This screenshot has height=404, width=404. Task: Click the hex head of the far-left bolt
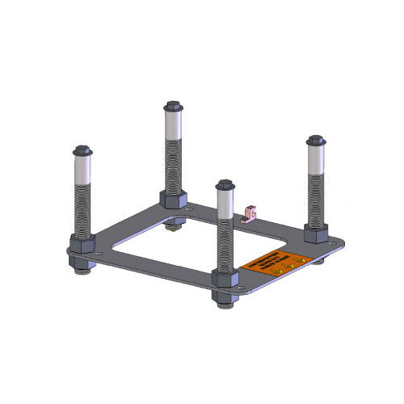[x=82, y=151]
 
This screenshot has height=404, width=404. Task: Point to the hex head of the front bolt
[x=225, y=187]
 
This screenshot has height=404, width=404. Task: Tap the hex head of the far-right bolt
[x=315, y=141]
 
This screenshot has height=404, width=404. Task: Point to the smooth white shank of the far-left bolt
[x=82, y=171]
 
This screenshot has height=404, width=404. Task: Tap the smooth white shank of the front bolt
[x=225, y=208]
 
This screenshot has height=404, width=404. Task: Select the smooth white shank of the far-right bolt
[x=315, y=161]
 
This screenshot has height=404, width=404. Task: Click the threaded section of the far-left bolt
[x=82, y=210]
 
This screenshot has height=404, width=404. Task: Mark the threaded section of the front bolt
[x=225, y=246]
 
